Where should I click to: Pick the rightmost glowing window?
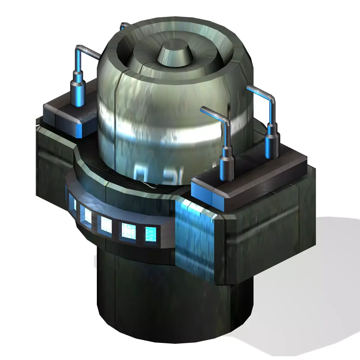coord(151,234)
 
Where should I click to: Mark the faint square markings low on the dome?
coord(150,174)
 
